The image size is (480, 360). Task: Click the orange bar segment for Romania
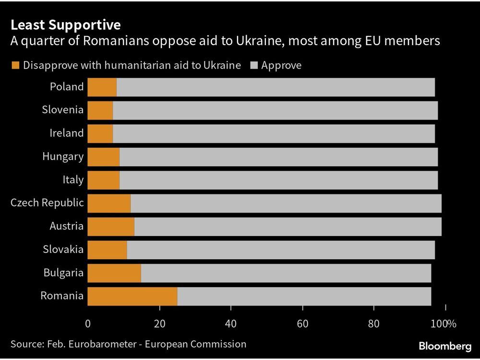[132, 296]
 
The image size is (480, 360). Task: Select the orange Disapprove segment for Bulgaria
[114, 273]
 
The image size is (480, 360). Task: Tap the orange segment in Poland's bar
[102, 87]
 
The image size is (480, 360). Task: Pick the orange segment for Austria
[111, 226]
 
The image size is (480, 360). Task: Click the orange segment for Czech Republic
[109, 203]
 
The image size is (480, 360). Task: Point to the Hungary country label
[63, 156]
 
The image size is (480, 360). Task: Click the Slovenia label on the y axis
[62, 110]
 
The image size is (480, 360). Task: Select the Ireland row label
[66, 133]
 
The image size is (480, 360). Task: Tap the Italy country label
[73, 180]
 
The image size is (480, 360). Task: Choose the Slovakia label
[63, 249]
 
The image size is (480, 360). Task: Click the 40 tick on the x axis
[231, 324]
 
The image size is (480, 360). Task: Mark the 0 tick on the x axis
[88, 324]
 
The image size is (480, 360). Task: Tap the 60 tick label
[302, 324]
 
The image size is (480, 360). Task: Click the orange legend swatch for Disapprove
[15, 65]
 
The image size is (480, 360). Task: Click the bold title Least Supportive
[65, 25]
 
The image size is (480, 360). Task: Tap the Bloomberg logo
[444, 346]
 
